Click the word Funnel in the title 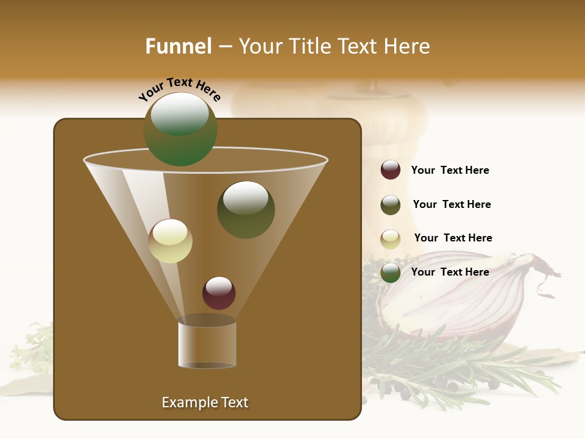[x=178, y=46]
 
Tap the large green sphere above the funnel [x=180, y=129]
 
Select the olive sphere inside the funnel [x=246, y=210]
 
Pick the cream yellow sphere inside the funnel [x=171, y=241]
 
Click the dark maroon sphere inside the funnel [x=219, y=293]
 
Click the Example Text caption [x=205, y=402]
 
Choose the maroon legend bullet [x=391, y=170]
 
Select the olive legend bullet [x=391, y=205]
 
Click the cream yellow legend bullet [x=391, y=239]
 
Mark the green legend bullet [x=391, y=273]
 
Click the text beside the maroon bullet [x=450, y=170]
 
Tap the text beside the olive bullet [x=452, y=204]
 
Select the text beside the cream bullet [x=453, y=238]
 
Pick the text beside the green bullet [x=450, y=272]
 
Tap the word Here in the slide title [x=408, y=46]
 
